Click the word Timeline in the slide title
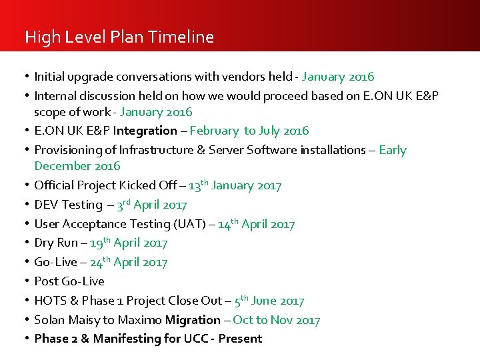[182, 37]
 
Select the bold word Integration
[145, 131]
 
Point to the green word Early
[392, 150]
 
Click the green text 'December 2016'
[77, 165]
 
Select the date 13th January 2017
[235, 185]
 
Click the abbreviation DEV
[46, 205]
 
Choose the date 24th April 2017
[129, 263]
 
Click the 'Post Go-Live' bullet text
[69, 281]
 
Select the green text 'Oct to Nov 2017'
[276, 321]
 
